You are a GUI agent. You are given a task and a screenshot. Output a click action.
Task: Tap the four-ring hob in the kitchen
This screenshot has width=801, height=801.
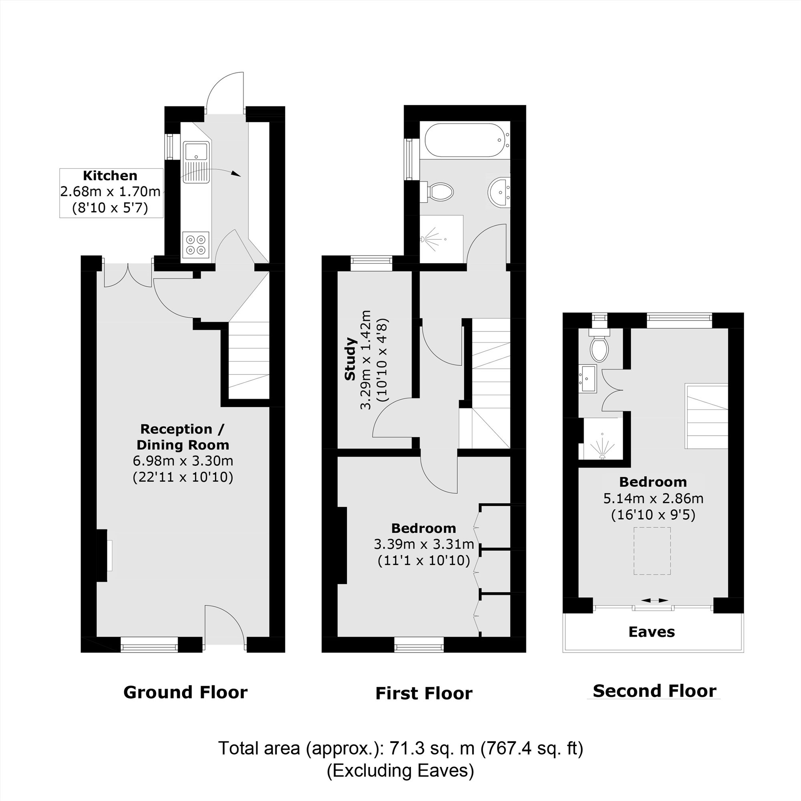[196, 245]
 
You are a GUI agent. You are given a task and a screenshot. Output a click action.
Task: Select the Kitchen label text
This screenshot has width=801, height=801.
[110, 176]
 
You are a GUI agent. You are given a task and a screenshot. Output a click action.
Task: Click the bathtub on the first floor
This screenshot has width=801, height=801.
[464, 140]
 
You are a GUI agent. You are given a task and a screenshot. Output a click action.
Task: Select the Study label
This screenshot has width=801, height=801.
[350, 359]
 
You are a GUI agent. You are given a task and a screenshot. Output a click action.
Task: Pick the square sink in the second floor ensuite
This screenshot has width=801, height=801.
[588, 378]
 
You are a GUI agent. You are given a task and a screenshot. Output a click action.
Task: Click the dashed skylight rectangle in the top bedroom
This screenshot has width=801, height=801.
[652, 551]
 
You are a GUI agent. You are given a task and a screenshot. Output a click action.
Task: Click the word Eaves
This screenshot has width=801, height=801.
[652, 632]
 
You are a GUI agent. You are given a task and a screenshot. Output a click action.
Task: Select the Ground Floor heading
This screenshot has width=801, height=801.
[185, 692]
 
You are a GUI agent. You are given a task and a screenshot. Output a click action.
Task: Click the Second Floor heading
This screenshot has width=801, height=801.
[655, 691]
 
